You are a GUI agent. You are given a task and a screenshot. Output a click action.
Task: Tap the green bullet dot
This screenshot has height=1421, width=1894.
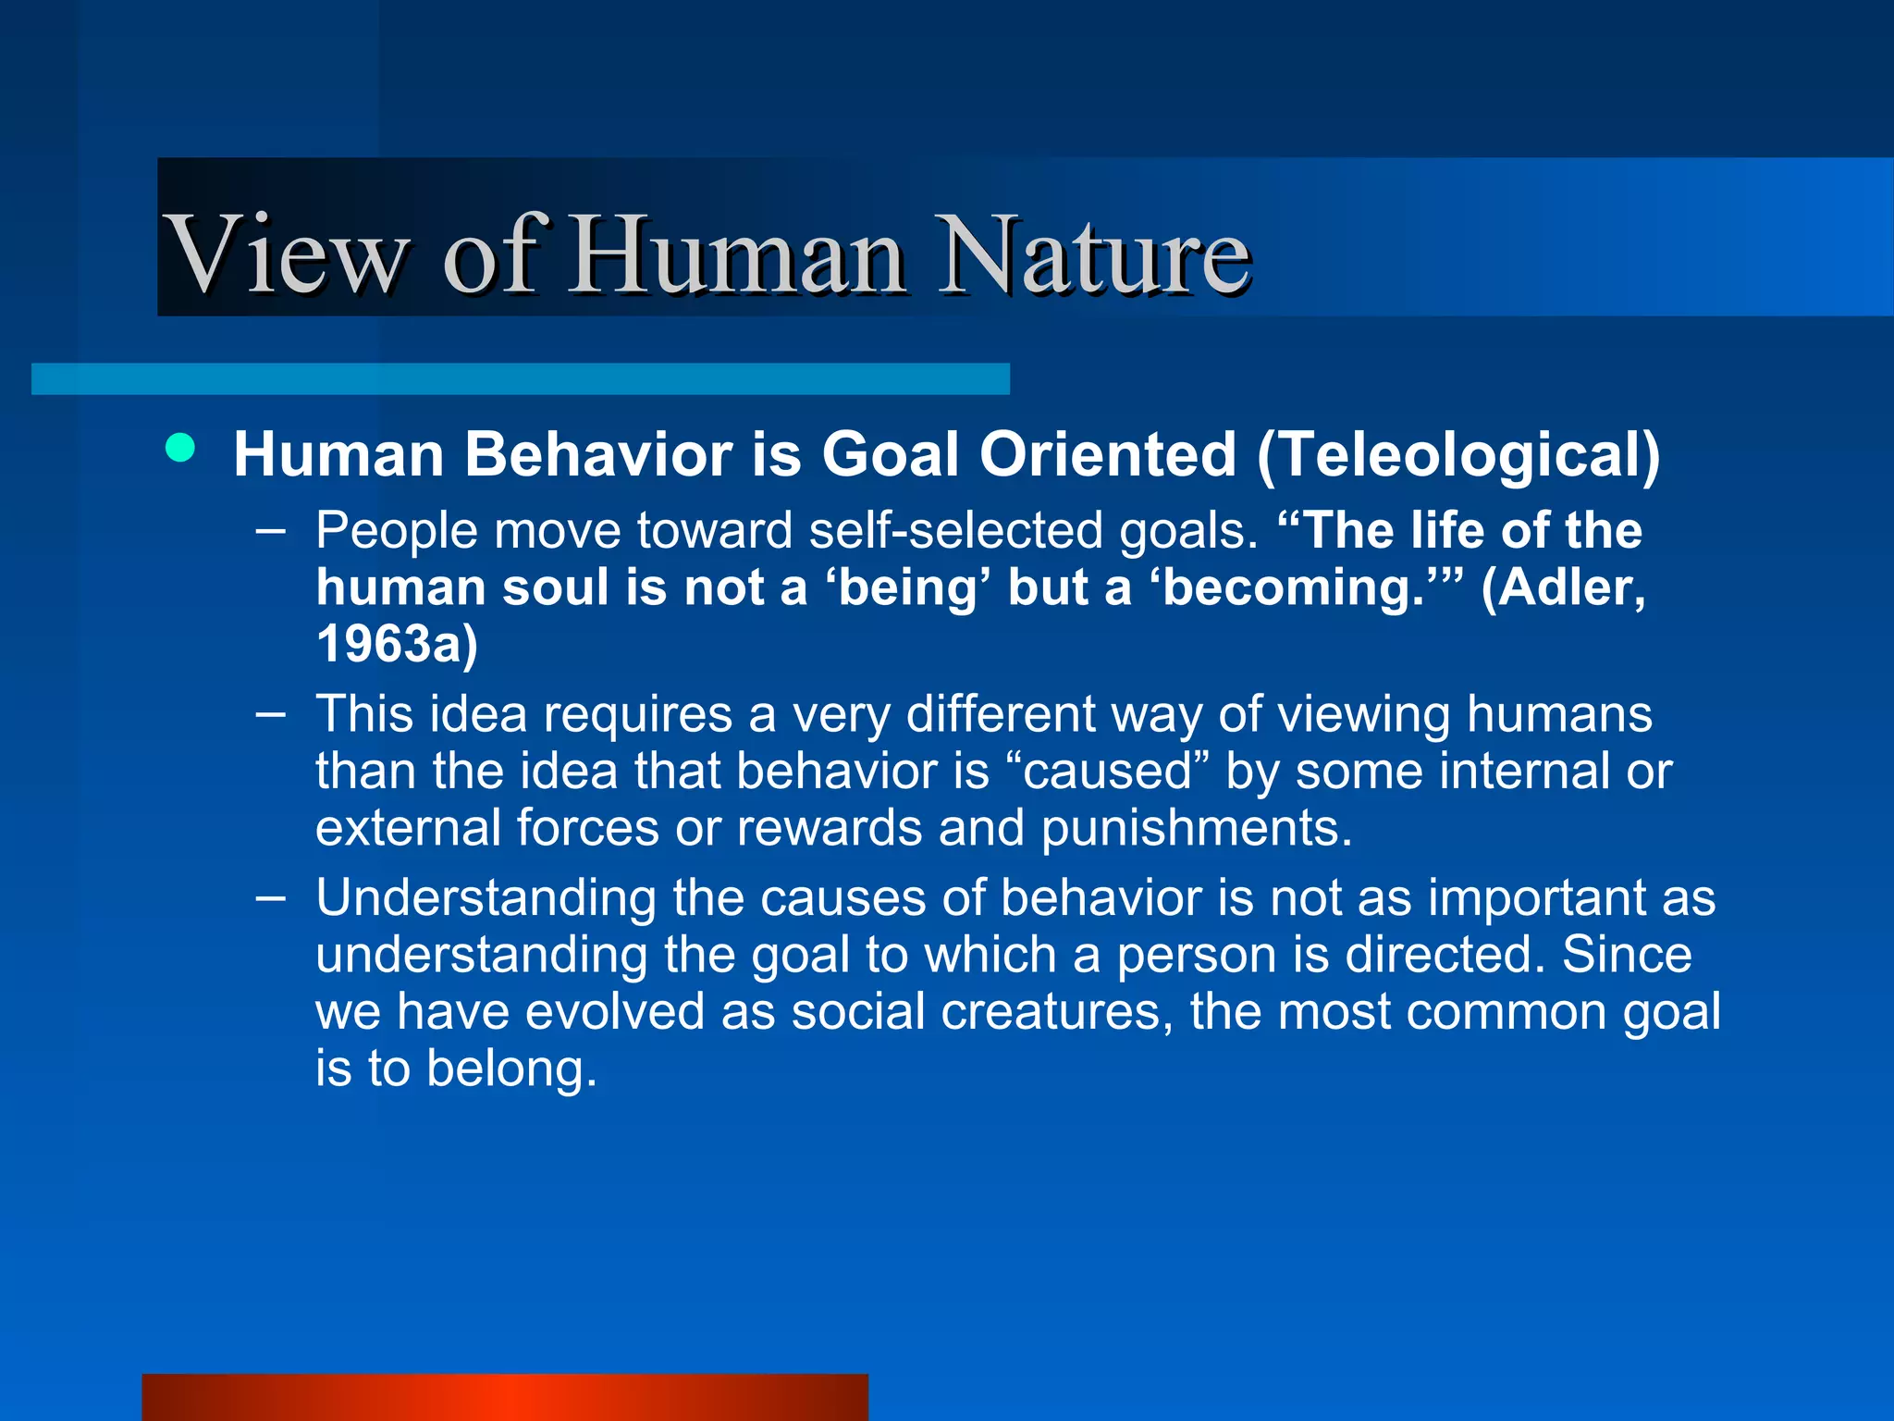180,449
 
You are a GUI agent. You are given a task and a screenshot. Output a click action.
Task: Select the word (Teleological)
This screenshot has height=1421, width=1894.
1458,455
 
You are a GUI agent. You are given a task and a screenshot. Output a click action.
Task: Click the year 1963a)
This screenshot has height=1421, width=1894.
397,644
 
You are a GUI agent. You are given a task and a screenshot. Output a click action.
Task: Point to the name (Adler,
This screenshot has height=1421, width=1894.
1563,587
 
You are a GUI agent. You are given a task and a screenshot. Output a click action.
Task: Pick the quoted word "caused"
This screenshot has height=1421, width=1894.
1106,771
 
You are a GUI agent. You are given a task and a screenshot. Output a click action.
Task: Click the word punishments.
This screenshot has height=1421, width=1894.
1197,827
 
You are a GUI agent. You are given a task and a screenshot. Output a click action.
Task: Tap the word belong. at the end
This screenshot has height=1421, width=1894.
511,1069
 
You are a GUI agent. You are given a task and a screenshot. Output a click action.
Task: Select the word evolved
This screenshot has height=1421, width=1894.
615,1011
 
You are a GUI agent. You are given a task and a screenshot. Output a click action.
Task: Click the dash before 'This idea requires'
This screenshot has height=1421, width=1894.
270,713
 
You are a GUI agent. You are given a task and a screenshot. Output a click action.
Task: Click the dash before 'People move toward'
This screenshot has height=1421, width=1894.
270,530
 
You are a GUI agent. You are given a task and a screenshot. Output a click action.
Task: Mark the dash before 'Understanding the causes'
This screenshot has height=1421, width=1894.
270,896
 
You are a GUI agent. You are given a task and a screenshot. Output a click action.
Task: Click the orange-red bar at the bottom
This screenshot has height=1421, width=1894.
504,1397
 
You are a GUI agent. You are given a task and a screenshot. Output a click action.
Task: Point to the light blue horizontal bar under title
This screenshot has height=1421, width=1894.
520,378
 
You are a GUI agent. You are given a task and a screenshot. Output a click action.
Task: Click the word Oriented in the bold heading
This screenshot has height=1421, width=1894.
1107,455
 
